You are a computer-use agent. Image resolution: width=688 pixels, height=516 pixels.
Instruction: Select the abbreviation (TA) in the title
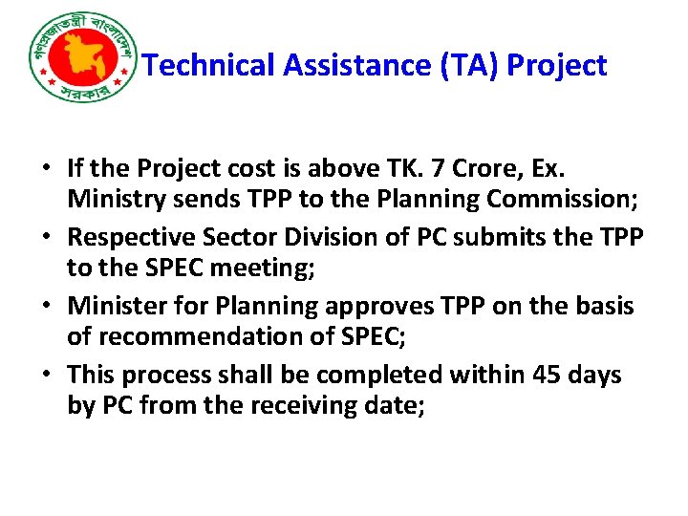coord(466,66)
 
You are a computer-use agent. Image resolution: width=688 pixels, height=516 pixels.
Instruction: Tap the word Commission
coord(550,200)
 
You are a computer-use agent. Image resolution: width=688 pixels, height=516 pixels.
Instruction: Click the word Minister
coord(115,306)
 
